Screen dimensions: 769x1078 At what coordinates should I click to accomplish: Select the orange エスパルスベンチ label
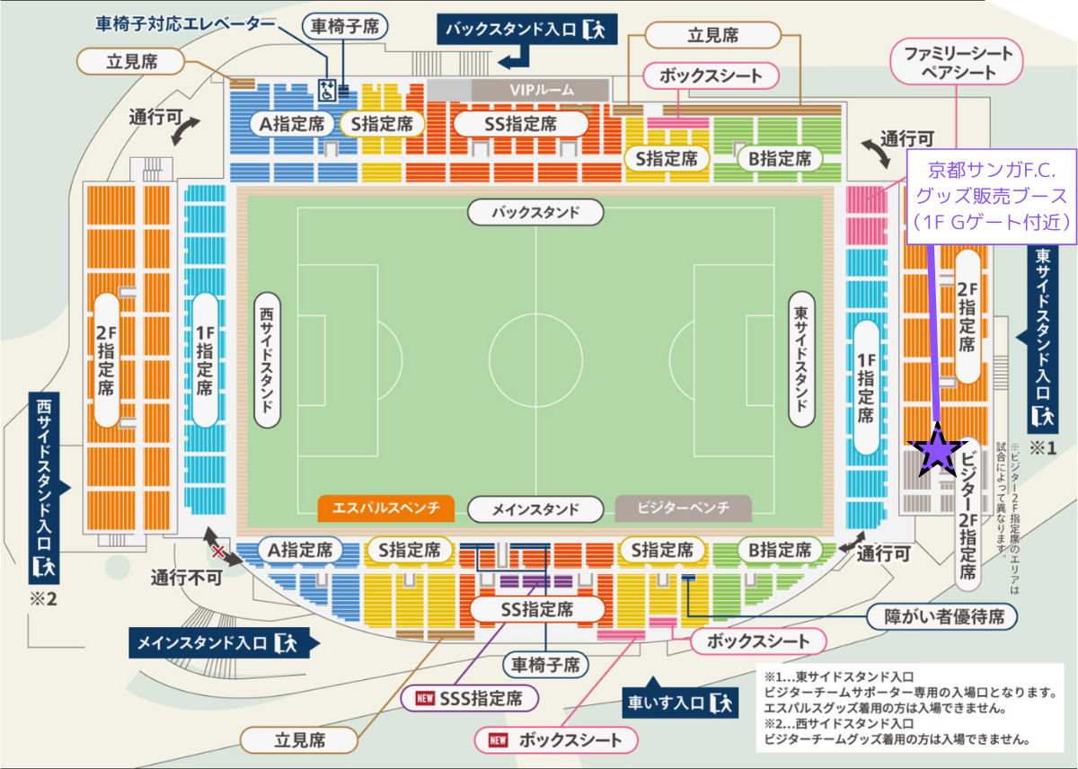tap(385, 508)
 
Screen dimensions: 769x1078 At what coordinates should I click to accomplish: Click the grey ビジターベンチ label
tap(683, 508)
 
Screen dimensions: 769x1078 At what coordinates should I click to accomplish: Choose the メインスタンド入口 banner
tap(216, 641)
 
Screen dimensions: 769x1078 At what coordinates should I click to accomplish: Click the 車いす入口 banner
tap(679, 700)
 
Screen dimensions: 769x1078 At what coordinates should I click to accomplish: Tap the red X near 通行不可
tap(217, 550)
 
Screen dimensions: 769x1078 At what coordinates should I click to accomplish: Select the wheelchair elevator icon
tap(328, 89)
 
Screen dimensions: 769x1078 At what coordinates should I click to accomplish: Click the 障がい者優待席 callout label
tap(942, 616)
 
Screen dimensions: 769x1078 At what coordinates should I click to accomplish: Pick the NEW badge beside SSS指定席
tap(427, 697)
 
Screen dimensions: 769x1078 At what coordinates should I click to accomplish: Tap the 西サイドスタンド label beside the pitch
tap(267, 358)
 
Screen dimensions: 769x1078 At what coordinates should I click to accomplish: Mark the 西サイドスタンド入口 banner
tap(43, 485)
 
